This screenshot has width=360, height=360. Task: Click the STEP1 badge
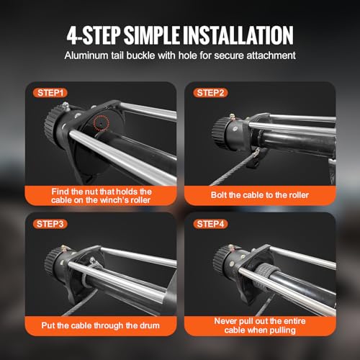(x=50, y=93)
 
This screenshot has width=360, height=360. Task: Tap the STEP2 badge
(x=210, y=93)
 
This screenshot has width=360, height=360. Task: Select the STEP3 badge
(x=50, y=224)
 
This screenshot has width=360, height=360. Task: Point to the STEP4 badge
(x=210, y=224)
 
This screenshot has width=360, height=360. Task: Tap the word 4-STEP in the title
(x=93, y=35)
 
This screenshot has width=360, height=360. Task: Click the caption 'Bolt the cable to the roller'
(x=260, y=195)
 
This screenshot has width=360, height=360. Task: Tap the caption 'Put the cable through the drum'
(x=100, y=325)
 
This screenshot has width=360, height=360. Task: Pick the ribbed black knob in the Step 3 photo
(x=52, y=261)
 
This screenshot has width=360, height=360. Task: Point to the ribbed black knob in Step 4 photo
(x=220, y=258)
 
